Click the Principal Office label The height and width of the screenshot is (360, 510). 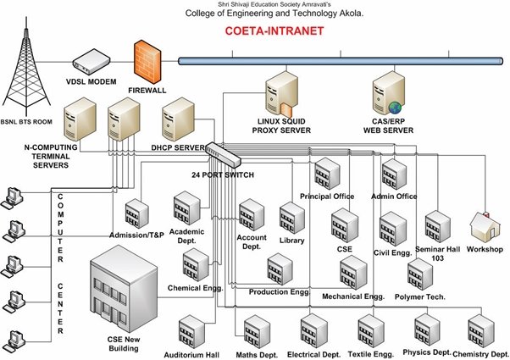point(327,197)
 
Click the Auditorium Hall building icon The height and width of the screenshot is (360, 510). point(191,333)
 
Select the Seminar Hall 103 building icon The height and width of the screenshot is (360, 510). point(437,224)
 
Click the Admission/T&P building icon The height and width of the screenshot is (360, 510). point(136,214)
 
